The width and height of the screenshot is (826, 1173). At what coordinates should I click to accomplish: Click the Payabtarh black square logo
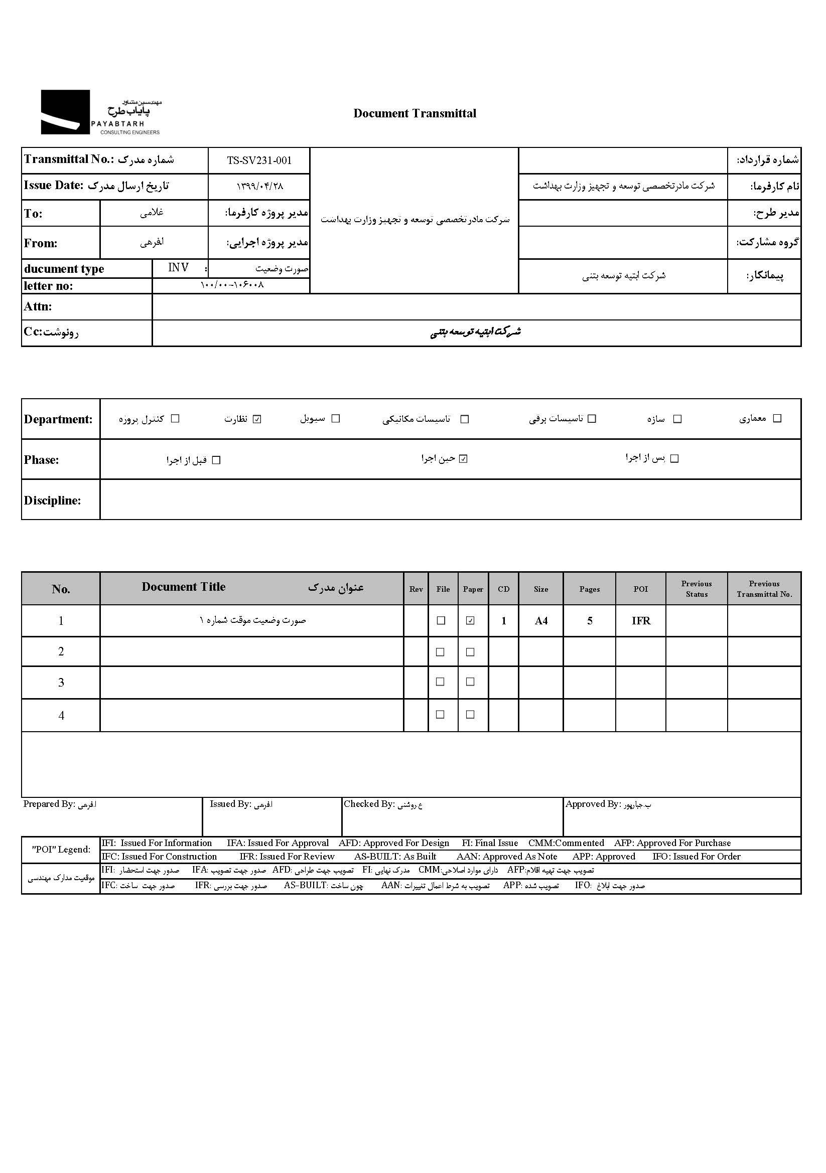point(65,112)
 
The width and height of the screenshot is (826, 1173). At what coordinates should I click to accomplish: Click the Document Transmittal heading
point(415,113)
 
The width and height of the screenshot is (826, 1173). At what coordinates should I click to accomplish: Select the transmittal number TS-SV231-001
point(259,160)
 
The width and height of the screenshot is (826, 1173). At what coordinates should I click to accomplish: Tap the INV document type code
point(178,267)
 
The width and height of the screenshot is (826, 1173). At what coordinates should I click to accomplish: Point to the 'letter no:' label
point(49,285)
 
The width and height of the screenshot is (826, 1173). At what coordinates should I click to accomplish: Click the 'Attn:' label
point(38,306)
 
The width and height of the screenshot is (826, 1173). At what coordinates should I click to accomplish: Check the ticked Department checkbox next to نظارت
point(257,419)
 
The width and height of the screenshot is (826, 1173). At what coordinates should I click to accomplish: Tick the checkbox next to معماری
point(777,418)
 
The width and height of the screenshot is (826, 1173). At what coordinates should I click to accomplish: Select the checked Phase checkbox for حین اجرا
point(464,459)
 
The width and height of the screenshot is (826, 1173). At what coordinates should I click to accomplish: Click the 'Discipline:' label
point(52,500)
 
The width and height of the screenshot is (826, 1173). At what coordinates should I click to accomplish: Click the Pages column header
point(589,589)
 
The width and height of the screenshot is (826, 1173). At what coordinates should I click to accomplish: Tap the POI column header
point(640,589)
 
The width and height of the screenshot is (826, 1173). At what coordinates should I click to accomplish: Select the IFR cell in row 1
point(641,621)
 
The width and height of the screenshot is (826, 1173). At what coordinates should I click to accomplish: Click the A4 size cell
point(541,621)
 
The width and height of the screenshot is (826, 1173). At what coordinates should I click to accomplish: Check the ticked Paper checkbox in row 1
point(470,621)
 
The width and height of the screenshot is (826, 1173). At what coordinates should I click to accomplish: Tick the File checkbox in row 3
point(440,682)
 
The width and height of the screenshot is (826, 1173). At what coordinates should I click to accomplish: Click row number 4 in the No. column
point(61,715)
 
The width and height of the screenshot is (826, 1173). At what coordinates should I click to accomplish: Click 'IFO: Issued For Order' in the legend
point(696,856)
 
